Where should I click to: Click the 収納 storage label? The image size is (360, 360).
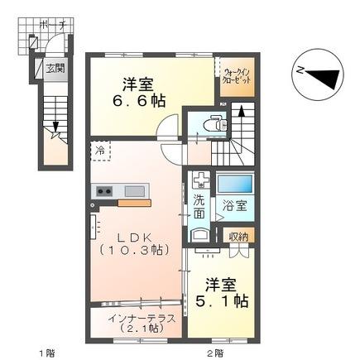click(238, 238)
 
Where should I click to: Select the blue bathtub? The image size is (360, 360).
click(234, 184)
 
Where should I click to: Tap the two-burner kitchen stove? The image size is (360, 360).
click(105, 192)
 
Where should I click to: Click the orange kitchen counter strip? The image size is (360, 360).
click(133, 201)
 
